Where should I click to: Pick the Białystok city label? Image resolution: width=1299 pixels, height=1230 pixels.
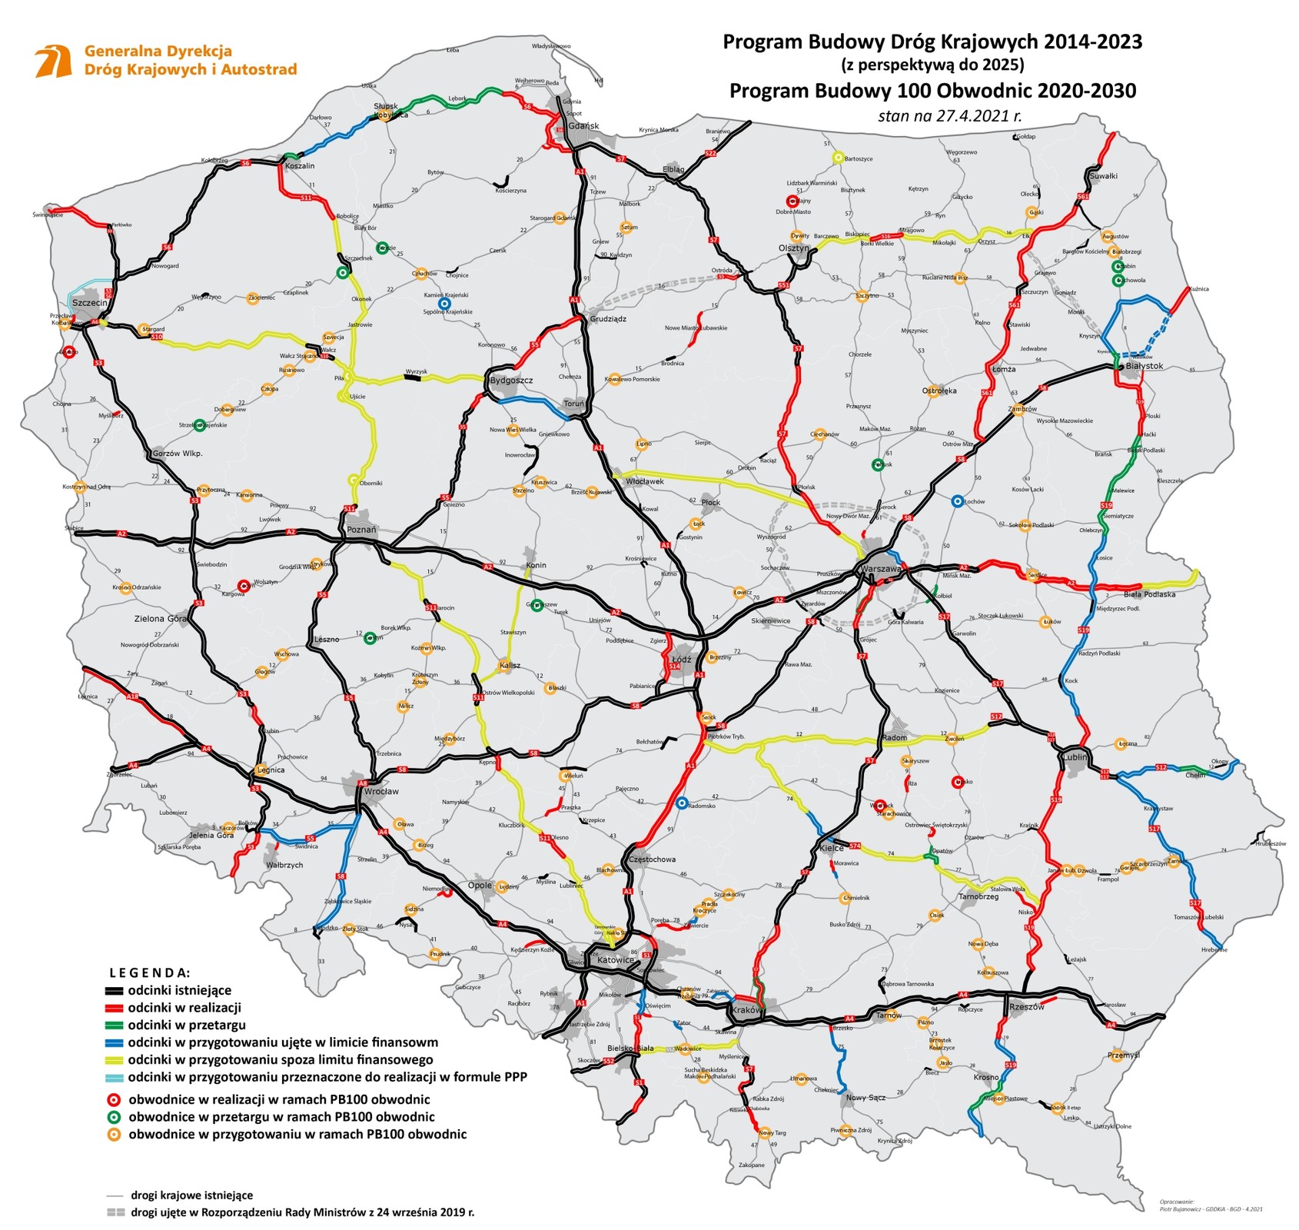click(1144, 366)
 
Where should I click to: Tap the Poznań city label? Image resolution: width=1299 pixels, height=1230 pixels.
click(361, 530)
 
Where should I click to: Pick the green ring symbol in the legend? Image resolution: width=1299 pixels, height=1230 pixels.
click(114, 1117)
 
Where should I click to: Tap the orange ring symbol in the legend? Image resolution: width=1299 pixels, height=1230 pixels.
click(114, 1135)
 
